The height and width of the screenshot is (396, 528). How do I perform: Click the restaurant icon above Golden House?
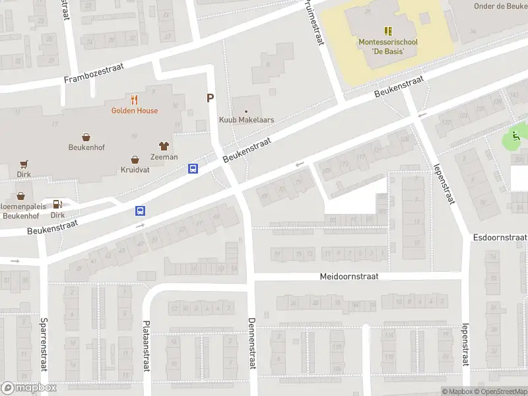pos(135,100)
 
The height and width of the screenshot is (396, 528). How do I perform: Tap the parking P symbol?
pos(211,98)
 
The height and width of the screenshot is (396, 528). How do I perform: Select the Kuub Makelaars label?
pos(246,120)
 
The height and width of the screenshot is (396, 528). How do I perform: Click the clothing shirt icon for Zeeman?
pos(164,146)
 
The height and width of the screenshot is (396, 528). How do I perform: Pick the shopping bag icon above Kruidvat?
pos(135,159)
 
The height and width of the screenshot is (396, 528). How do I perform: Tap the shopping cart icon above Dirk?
pos(24,164)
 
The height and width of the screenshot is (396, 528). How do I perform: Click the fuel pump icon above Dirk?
pos(57,204)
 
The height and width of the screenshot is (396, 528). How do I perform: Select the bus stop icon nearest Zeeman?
pos(193,169)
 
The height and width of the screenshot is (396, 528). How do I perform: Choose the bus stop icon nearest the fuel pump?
pos(141,211)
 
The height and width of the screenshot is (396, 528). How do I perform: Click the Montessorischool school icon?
pos(388,30)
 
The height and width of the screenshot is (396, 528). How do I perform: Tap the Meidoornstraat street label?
pos(349,277)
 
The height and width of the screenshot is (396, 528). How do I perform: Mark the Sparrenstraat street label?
pos(44,345)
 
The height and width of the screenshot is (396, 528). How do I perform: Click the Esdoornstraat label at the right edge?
pos(500,237)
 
